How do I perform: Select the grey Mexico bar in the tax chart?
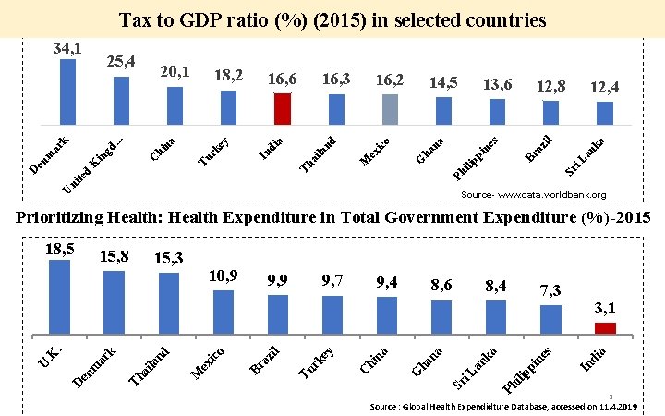point(390,108)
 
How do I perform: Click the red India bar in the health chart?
point(605,327)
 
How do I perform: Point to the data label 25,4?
point(122,62)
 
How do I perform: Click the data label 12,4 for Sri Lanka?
point(605,87)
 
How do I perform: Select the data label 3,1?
point(605,308)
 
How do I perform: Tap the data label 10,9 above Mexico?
point(224,275)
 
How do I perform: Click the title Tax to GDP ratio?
point(332,19)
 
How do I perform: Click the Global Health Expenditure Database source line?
point(503,406)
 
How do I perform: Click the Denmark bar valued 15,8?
point(114,301)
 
